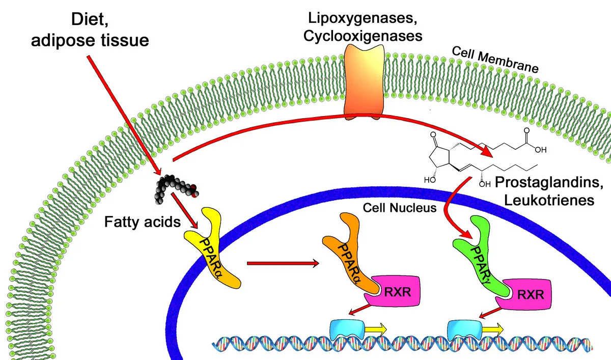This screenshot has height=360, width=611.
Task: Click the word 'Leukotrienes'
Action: (x=549, y=200)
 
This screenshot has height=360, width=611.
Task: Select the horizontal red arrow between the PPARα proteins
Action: (x=283, y=263)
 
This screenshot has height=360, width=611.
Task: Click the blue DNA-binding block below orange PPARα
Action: (x=347, y=330)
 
